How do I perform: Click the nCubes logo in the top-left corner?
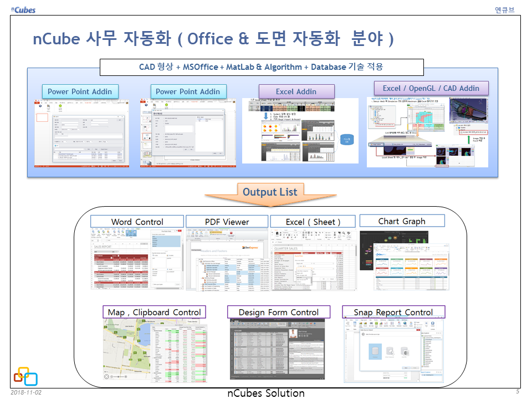click(22, 9)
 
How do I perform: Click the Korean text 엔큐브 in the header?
click(504, 9)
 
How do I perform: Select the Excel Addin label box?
click(296, 91)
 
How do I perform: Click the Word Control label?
click(137, 222)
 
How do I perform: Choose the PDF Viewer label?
click(227, 222)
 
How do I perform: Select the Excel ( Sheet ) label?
click(313, 222)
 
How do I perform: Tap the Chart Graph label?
click(402, 221)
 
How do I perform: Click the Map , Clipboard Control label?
click(154, 312)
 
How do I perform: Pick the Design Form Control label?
click(278, 312)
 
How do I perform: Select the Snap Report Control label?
click(393, 312)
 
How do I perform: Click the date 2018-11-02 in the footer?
click(26, 392)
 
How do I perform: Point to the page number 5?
click(518, 392)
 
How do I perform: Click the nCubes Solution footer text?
click(266, 393)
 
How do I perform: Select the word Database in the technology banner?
click(328, 67)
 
